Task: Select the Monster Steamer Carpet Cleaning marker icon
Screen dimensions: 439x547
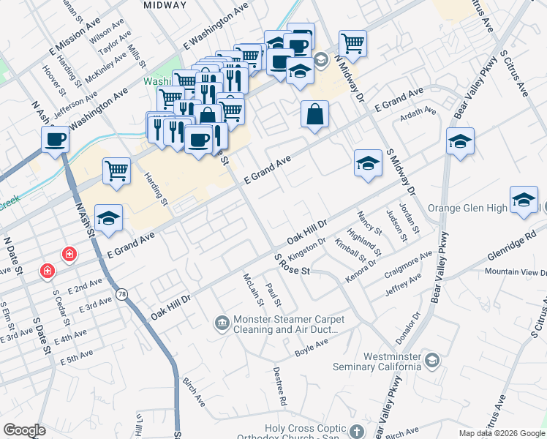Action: [x=222, y=322]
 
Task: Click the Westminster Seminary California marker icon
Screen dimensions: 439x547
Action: [x=433, y=360]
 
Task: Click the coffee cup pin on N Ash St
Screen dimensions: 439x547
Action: [x=55, y=140]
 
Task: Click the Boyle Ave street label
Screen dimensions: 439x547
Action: [x=312, y=347]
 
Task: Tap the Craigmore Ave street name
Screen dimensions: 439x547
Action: [x=408, y=264]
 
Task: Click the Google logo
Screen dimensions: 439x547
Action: [x=24, y=430]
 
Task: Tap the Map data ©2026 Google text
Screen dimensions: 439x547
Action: [x=501, y=433]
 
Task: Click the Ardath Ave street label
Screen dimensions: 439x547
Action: [x=417, y=114]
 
